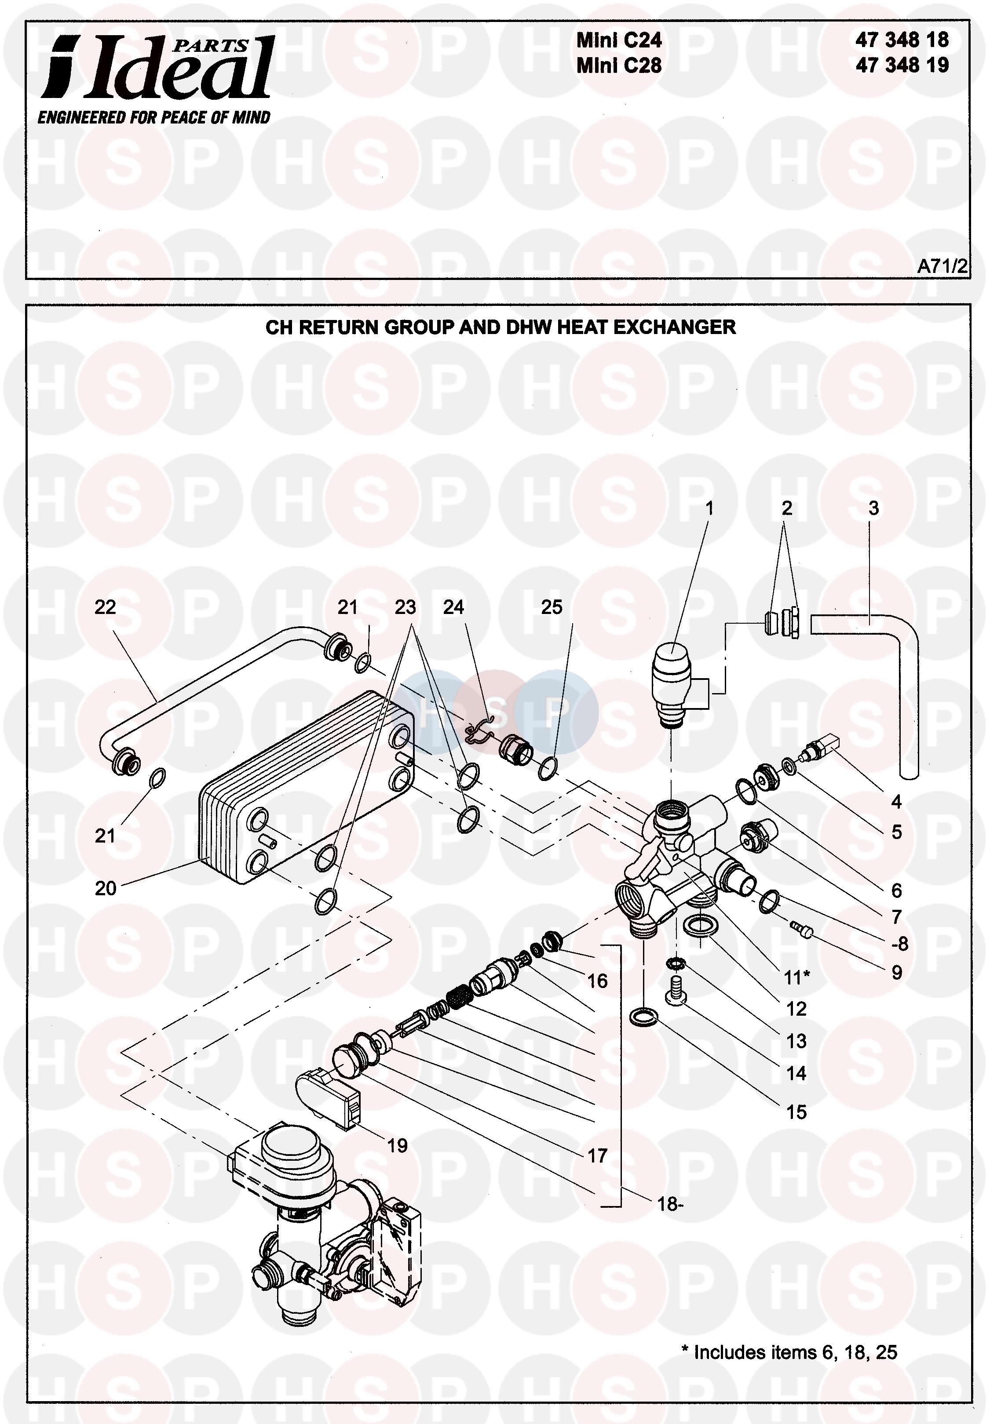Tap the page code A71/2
(x=942, y=266)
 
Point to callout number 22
(x=105, y=607)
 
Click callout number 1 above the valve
(x=709, y=509)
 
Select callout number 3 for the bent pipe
(x=873, y=509)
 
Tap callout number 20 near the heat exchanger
(x=106, y=888)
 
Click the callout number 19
(x=397, y=1146)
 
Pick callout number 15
(x=796, y=1112)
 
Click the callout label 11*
(x=796, y=977)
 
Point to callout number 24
(x=453, y=607)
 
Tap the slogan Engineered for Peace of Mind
(x=154, y=117)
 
